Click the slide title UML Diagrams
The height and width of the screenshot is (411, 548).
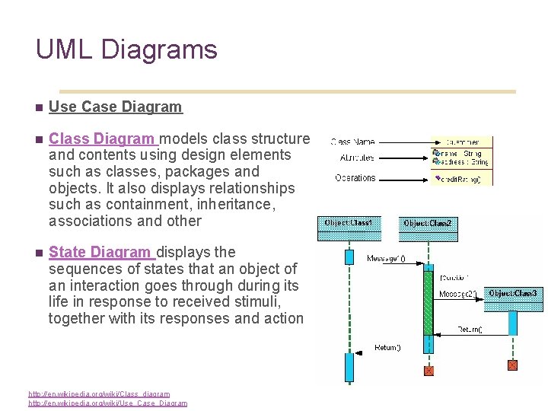[x=126, y=50]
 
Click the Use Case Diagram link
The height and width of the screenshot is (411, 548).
[x=116, y=107]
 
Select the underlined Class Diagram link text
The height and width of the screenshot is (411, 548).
[x=102, y=139]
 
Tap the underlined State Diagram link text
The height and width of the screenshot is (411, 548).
[x=100, y=252]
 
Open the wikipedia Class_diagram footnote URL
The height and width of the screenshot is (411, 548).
[x=99, y=393]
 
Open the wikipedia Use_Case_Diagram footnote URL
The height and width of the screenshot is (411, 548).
[x=107, y=403]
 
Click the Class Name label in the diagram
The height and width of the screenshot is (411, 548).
[x=353, y=142]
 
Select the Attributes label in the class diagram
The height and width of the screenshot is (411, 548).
[x=356, y=158]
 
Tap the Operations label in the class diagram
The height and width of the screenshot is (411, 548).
[x=355, y=178]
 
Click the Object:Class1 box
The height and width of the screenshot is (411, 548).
[x=349, y=223]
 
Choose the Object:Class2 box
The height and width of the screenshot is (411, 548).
[x=427, y=224]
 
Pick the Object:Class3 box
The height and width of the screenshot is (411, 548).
[x=512, y=293]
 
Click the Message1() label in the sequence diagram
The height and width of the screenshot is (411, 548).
[x=386, y=259]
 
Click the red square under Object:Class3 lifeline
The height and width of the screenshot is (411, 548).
[x=511, y=365]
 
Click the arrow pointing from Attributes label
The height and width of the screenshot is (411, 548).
[x=403, y=158]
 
